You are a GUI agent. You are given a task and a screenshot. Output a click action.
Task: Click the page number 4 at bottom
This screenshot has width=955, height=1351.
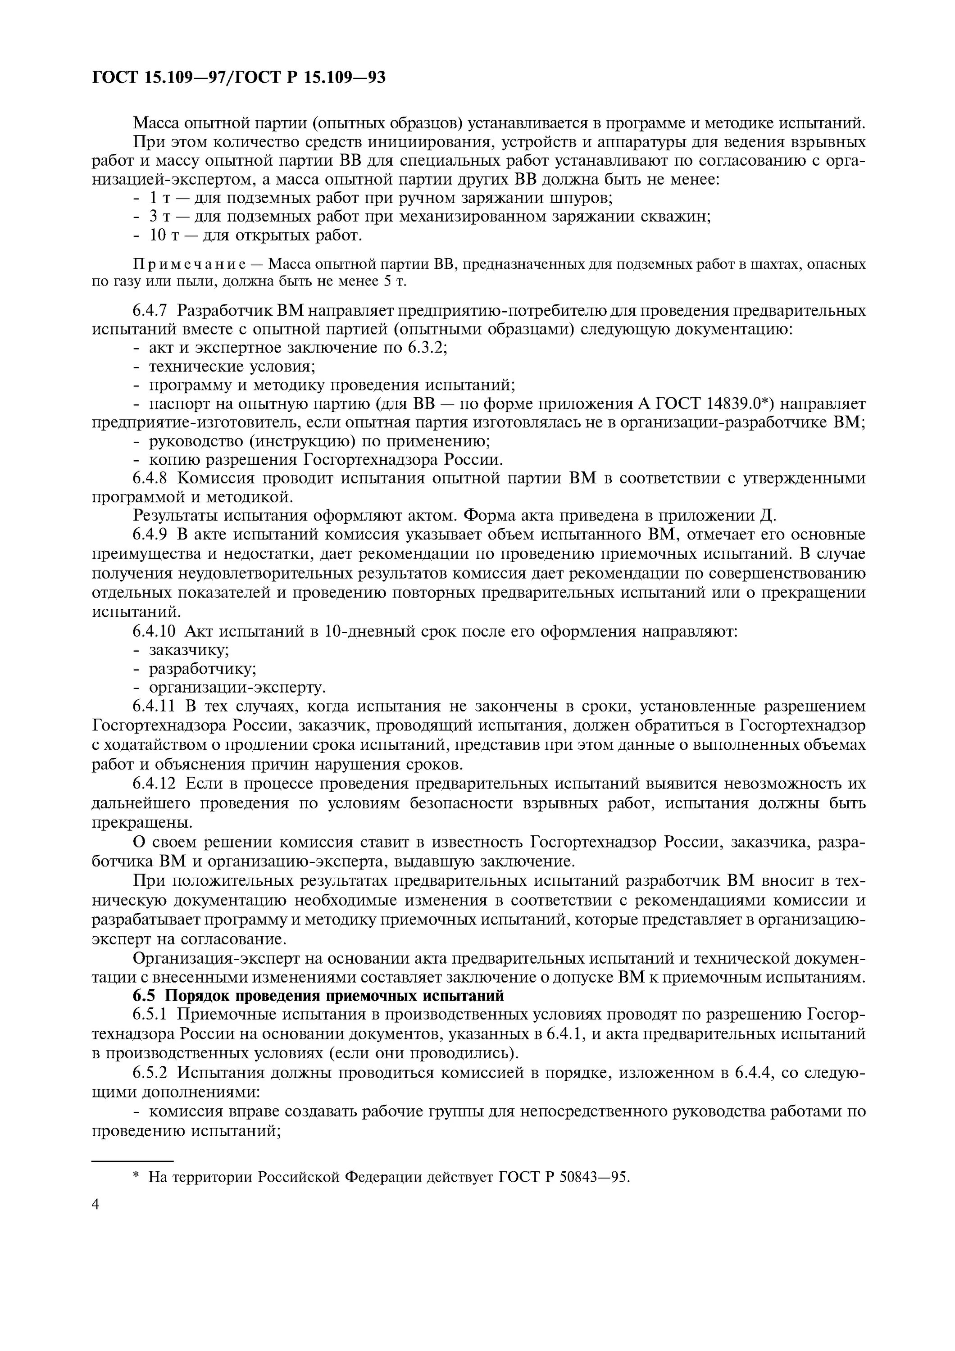pos(96,1205)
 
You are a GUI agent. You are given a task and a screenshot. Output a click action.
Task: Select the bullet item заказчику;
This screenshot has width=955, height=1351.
pos(188,650)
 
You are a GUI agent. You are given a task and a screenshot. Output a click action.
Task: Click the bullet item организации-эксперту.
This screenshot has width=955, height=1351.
pos(236,687)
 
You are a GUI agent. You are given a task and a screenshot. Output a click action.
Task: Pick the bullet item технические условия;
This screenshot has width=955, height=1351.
pos(232,366)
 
